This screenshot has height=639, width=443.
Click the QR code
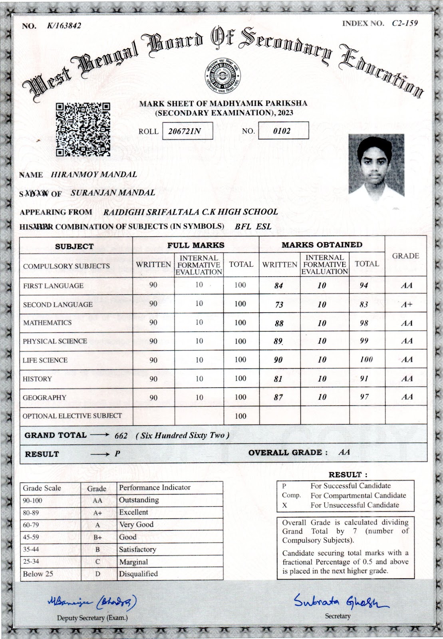[83, 129]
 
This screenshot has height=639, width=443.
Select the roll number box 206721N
[187, 131]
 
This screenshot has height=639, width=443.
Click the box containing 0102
[283, 131]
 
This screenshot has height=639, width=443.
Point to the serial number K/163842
[64, 26]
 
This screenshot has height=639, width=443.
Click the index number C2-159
[405, 23]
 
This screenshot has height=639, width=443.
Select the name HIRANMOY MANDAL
[94, 175]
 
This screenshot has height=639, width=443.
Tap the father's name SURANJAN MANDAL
[113, 192]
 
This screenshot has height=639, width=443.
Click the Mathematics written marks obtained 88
[279, 323]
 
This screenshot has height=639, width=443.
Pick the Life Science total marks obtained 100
[366, 359]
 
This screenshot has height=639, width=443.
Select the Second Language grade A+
[407, 304]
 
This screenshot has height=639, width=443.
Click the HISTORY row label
[37, 379]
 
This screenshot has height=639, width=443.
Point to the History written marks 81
[278, 379]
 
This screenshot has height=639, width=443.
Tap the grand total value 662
[121, 436]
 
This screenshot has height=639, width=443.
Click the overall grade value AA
[344, 452]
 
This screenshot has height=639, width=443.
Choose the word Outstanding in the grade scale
[139, 500]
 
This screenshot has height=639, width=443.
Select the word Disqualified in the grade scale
[138, 574]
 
